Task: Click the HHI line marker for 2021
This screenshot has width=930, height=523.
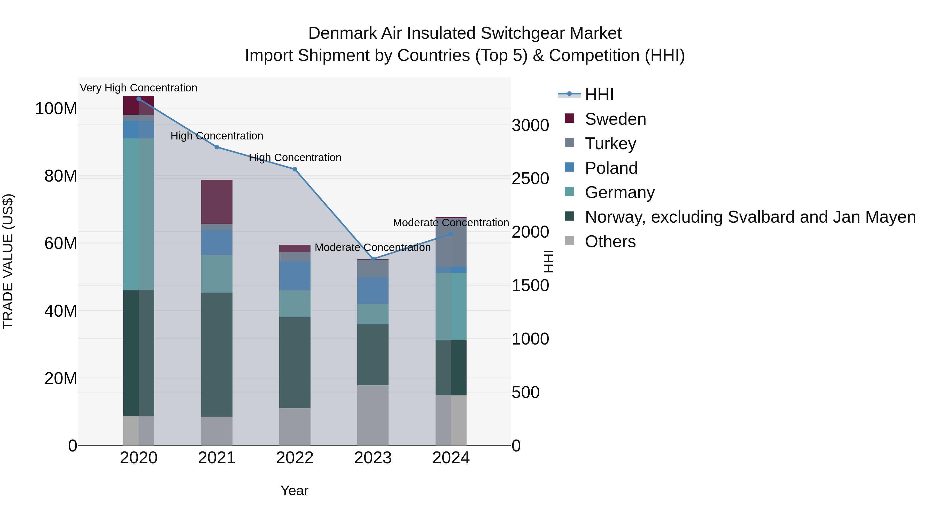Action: pyautogui.click(x=217, y=147)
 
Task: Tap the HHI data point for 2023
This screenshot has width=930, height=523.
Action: pyautogui.click(x=373, y=259)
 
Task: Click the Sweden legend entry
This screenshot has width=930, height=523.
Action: pyautogui.click(x=615, y=119)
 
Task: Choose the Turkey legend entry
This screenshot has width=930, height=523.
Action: pyautogui.click(x=610, y=144)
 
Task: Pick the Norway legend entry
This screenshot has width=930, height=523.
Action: pyautogui.click(x=750, y=217)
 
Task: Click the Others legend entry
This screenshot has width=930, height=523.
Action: pyautogui.click(x=610, y=241)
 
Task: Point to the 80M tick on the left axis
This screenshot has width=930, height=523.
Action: pyautogui.click(x=61, y=176)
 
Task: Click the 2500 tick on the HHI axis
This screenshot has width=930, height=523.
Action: pyautogui.click(x=530, y=179)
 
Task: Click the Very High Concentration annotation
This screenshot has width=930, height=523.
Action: pyautogui.click(x=139, y=88)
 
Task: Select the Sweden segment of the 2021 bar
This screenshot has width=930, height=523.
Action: pyautogui.click(x=217, y=201)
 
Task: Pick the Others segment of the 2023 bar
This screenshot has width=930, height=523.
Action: pyautogui.click(x=373, y=415)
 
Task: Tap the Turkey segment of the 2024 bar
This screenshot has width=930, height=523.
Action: pyautogui.click(x=451, y=243)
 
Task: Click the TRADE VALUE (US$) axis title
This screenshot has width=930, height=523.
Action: pyautogui.click(x=8, y=261)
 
